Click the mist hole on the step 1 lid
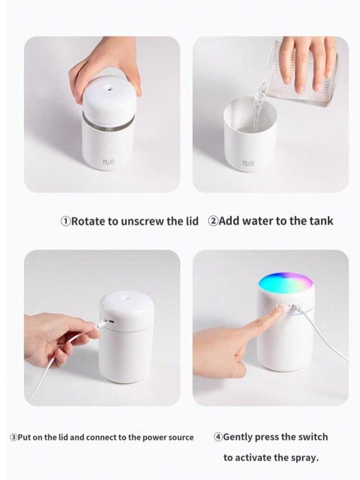tap(109, 88)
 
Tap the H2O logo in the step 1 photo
tap(107, 164)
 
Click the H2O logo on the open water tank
tap(249, 163)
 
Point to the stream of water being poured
tap(260, 103)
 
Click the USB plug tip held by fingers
tap(96, 326)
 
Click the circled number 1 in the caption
tap(65, 221)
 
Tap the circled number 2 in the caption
tap(213, 221)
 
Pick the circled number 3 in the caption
tap(13, 437)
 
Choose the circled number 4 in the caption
tap(218, 437)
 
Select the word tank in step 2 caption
tap(321, 221)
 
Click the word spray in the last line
tap(303, 458)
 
